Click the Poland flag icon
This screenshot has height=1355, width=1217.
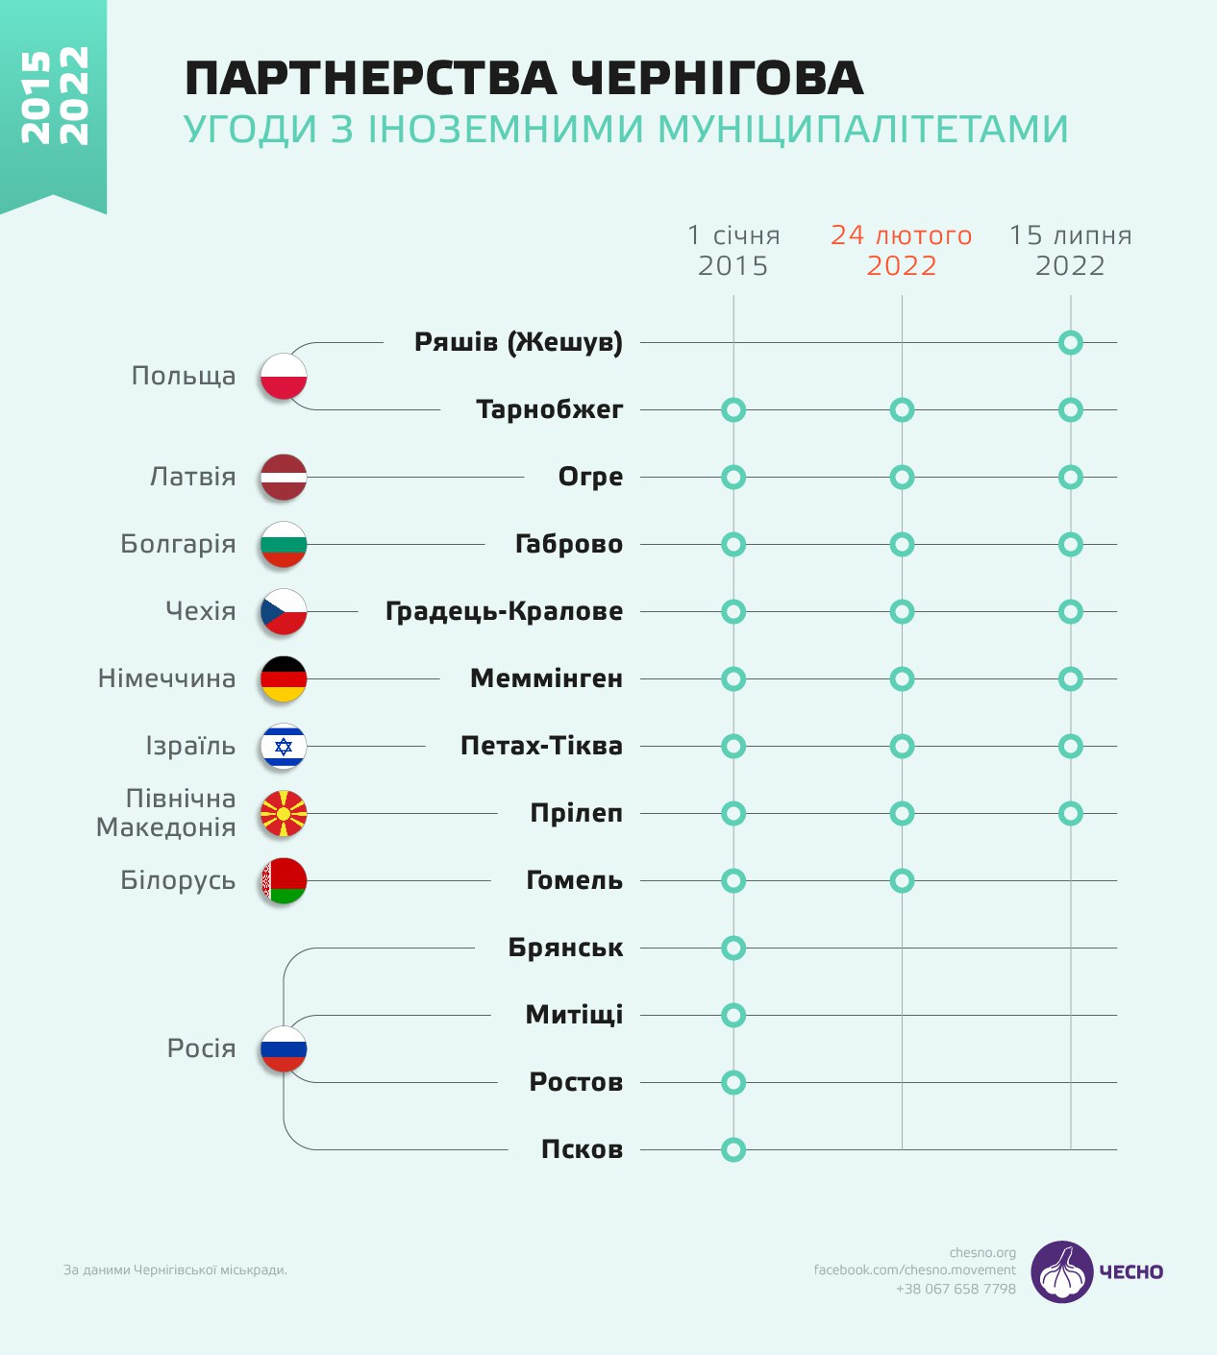pos(284,377)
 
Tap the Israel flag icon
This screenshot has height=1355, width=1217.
pos(284,747)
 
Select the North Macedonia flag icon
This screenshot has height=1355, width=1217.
pos(284,814)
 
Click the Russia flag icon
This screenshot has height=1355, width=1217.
pos(284,1049)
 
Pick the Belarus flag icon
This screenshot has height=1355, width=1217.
pos(284,881)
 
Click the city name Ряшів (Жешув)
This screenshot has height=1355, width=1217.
pos(518,342)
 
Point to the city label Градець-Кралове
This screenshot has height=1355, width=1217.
pos(504,611)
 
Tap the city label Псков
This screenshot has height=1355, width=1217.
pos(582,1149)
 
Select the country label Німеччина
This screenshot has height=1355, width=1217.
pos(167,678)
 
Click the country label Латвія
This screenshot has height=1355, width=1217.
pos(192,477)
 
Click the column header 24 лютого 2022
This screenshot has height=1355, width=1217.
pos(902,250)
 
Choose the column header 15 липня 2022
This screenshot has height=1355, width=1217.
pos(1070,250)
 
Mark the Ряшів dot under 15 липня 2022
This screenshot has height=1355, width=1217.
pos(1070,342)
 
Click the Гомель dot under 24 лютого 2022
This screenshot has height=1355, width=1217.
pos(902,880)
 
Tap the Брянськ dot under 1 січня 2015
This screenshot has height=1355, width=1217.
pos(733,948)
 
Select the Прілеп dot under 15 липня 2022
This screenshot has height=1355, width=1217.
pos(1070,813)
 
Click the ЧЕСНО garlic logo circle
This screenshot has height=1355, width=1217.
pos(1062,1271)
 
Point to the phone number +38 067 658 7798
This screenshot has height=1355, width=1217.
pos(956,1289)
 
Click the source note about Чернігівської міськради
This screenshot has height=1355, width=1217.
pos(175,1270)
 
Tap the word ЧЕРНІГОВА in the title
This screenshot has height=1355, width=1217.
pos(717,79)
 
